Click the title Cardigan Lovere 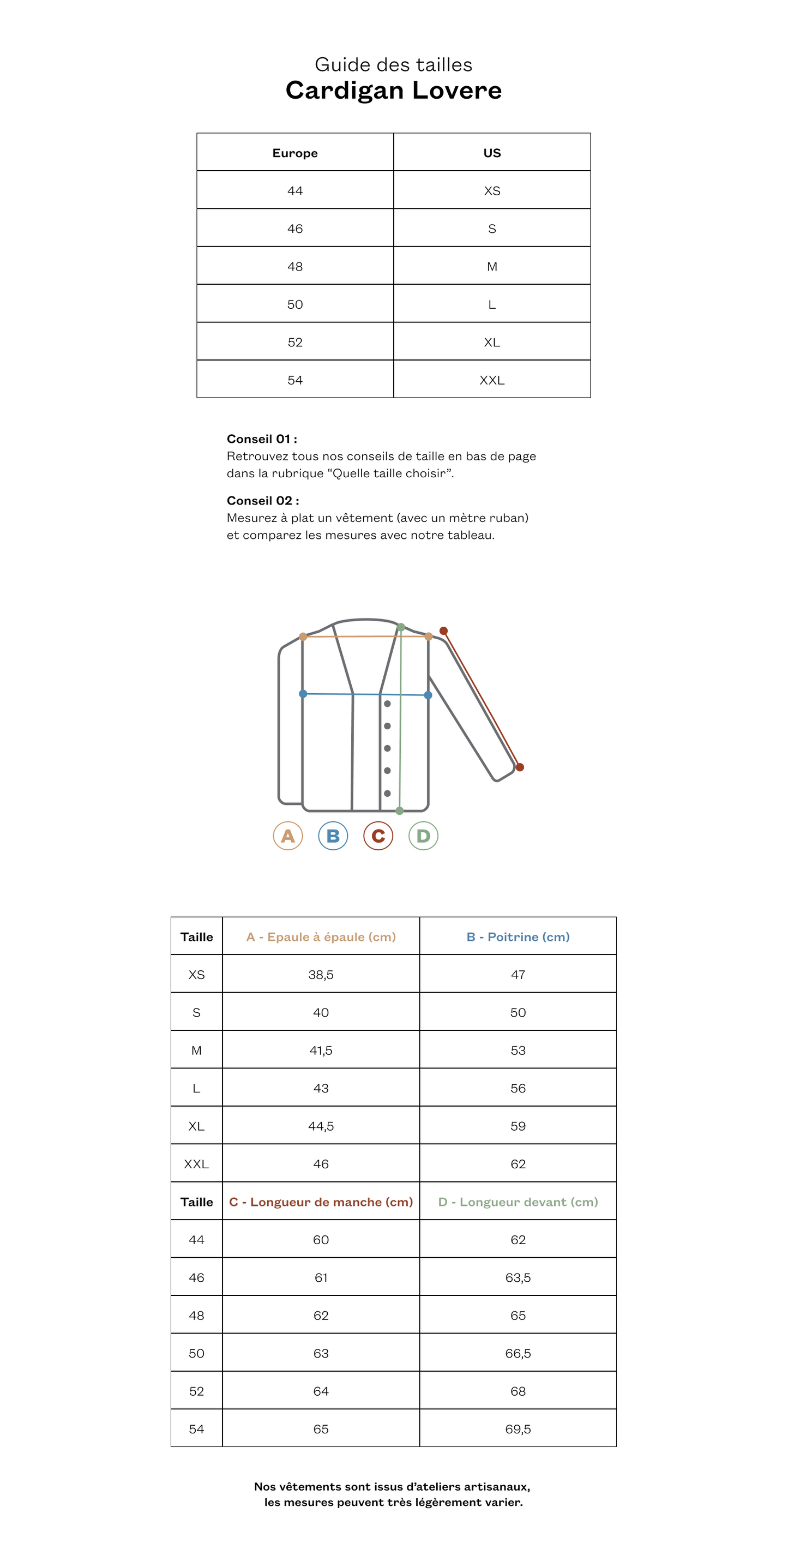[394, 91]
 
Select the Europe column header [295, 153]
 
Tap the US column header [492, 153]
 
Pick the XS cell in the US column [492, 191]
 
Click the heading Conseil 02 [262, 501]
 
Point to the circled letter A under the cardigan [288, 836]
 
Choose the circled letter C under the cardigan [378, 836]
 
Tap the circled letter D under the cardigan [423, 836]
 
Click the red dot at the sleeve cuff [520, 767]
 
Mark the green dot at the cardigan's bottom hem [400, 811]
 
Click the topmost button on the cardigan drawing [388, 704]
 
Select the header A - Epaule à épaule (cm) [321, 937]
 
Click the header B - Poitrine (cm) [518, 937]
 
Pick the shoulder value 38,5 [321, 975]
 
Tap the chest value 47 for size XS [518, 975]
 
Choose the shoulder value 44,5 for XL [321, 1126]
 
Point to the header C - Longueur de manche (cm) [321, 1202]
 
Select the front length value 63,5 [518, 1278]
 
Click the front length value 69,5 [518, 1430]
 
